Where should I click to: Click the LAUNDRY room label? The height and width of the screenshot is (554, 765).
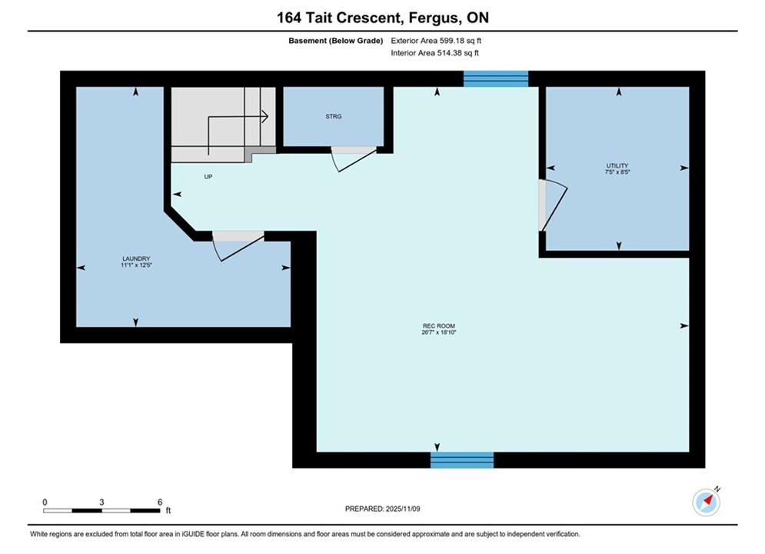(x=136, y=259)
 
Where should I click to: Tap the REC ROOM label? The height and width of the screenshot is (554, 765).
(x=438, y=326)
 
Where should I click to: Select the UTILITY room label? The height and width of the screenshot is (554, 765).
(x=617, y=165)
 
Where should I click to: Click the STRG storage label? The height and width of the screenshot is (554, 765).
(x=334, y=116)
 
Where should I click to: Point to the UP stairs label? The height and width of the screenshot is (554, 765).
(x=208, y=177)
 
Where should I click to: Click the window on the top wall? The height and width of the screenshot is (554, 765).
(x=496, y=78)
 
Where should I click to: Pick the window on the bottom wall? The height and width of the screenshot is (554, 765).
(x=462, y=460)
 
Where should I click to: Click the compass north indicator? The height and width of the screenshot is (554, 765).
(x=707, y=501)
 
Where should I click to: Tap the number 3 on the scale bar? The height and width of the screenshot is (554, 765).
(x=101, y=502)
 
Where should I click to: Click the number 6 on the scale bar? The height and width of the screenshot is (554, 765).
(x=160, y=502)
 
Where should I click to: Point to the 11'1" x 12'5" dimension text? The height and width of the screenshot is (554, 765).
(x=136, y=265)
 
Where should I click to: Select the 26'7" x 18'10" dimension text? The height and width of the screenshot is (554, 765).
(x=438, y=332)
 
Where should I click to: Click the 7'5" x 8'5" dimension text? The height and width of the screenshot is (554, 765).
(x=617, y=172)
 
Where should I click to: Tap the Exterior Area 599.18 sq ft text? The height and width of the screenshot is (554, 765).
(x=436, y=41)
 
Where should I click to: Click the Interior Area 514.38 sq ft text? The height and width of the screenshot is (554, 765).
(x=434, y=53)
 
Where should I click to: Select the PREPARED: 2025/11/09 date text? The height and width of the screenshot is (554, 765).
(x=383, y=509)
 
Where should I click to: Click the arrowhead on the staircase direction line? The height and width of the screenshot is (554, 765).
(x=265, y=117)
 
